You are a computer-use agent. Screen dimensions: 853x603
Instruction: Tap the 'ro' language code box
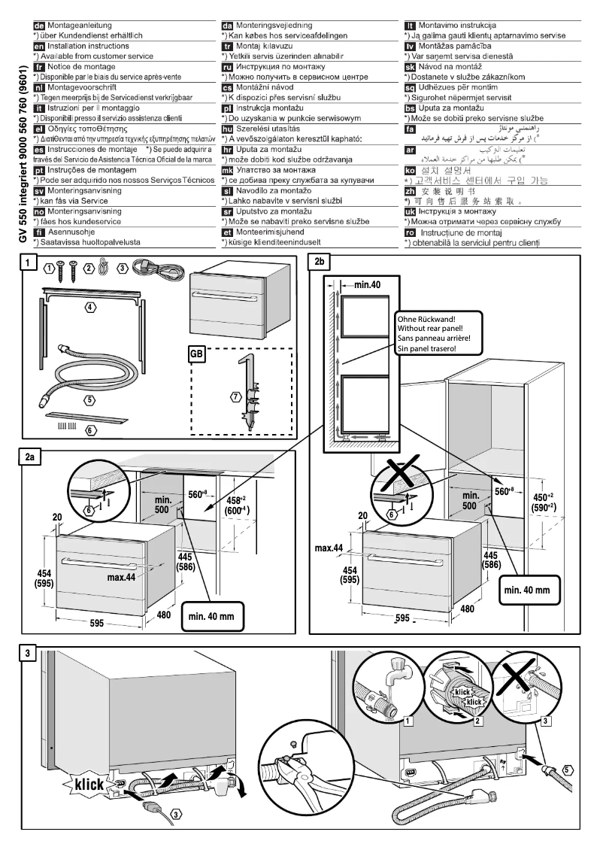(410, 232)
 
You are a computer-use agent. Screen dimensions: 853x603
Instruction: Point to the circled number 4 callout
(90, 308)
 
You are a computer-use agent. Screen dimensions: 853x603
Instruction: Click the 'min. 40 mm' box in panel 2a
(212, 616)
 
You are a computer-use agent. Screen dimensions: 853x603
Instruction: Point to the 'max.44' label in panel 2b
(329, 547)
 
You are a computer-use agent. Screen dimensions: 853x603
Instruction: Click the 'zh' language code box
(410, 190)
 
